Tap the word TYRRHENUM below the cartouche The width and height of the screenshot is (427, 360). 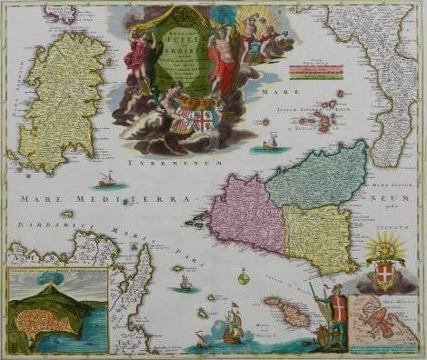pos(160,163)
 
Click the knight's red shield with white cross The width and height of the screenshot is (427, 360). pos(338,304)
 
